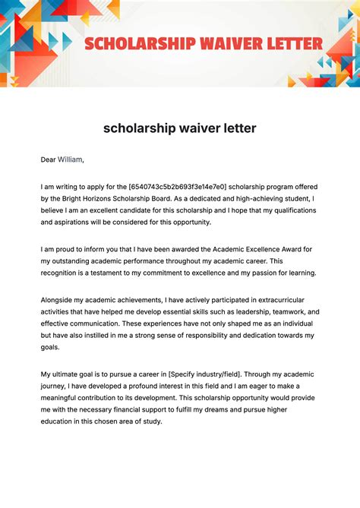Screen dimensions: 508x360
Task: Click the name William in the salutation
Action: (x=70, y=159)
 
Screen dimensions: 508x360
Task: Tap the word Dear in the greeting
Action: (x=48, y=159)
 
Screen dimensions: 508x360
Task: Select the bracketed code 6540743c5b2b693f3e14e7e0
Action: (x=177, y=187)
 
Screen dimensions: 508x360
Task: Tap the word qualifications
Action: (x=286, y=210)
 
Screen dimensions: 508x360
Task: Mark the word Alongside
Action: (x=61, y=300)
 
